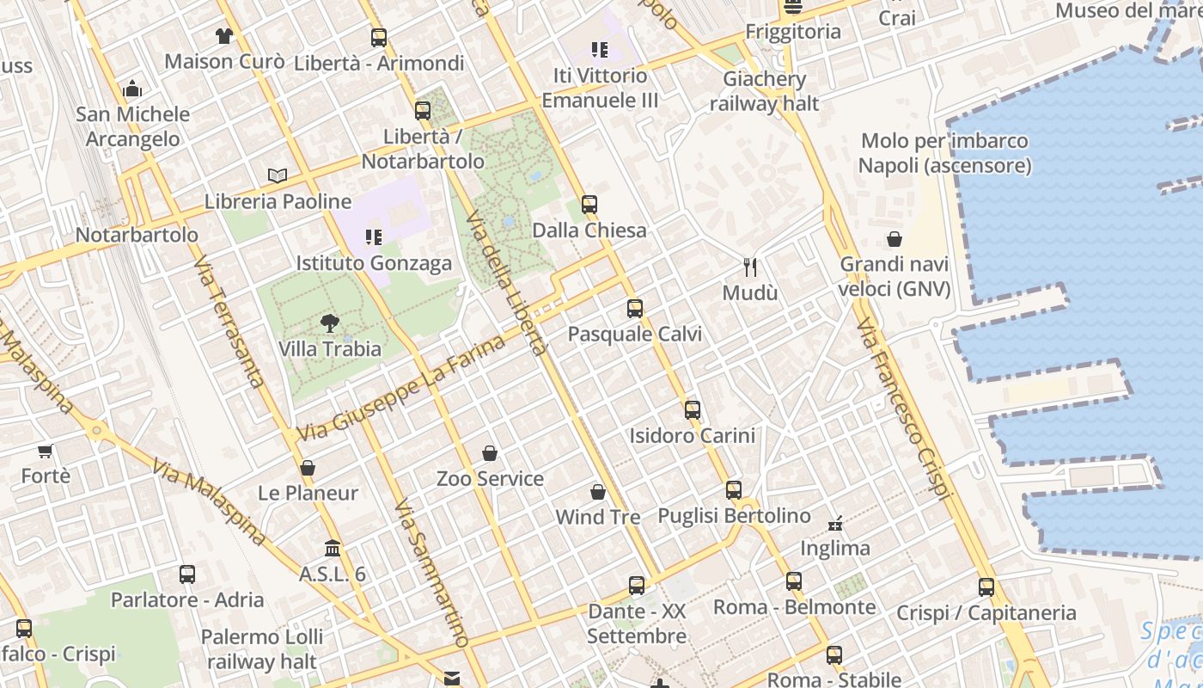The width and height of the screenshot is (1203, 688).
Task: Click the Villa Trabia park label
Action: [x=330, y=349]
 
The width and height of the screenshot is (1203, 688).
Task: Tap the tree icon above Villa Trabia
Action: [x=329, y=323]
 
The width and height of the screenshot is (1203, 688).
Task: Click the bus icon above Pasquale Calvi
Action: [x=635, y=309]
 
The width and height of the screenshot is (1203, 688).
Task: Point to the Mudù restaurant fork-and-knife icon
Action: [x=750, y=267]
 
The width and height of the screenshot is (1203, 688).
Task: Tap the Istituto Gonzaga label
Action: [x=374, y=263]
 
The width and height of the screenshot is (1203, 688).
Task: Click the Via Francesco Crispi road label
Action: [x=905, y=409]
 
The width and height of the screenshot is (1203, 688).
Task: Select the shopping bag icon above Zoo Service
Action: [x=490, y=453]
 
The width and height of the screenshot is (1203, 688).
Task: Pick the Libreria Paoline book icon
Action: [x=278, y=176]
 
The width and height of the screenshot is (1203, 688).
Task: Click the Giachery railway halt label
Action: [x=765, y=92]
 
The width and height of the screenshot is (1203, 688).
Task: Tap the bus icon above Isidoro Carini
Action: [x=693, y=410]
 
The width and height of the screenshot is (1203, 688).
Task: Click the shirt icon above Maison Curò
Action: [x=224, y=36]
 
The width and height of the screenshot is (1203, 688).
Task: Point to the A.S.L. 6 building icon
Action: [x=333, y=549]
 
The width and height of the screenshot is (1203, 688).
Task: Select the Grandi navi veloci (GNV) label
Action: [x=895, y=277]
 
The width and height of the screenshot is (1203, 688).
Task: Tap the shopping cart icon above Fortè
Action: [x=46, y=451]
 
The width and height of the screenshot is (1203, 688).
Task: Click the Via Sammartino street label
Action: [x=432, y=573]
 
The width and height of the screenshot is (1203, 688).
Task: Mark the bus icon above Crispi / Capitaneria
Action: [x=986, y=587]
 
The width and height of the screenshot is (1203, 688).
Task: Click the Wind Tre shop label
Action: [x=598, y=517]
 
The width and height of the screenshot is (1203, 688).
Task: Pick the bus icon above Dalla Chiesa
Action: [x=589, y=205]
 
